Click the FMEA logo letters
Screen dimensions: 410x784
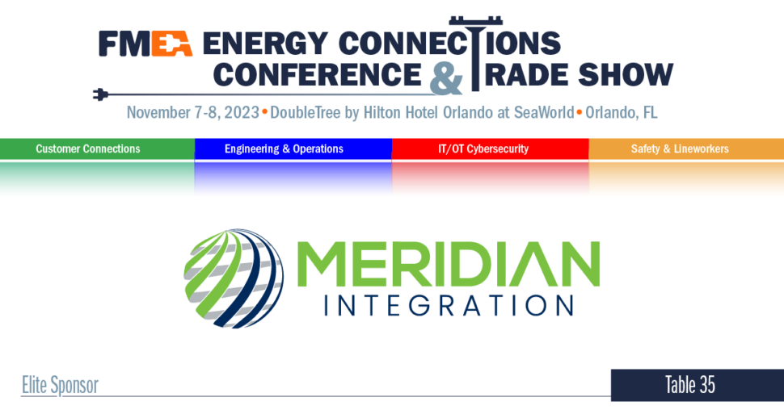(145, 44)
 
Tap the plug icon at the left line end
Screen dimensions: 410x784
(100, 95)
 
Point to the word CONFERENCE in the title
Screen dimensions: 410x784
(317, 74)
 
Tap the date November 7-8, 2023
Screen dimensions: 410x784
(192, 112)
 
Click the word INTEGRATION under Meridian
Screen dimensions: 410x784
(448, 305)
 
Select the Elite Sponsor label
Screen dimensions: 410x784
(60, 385)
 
